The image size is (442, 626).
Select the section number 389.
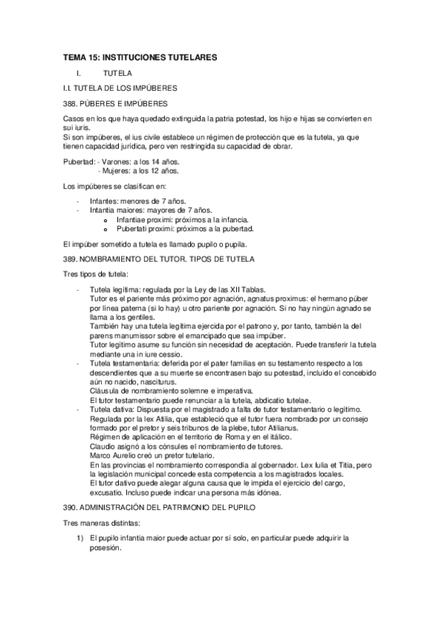coord(72,259)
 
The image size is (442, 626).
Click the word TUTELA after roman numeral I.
coord(118,73)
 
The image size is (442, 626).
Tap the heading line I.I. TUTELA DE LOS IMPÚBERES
coord(119,88)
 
